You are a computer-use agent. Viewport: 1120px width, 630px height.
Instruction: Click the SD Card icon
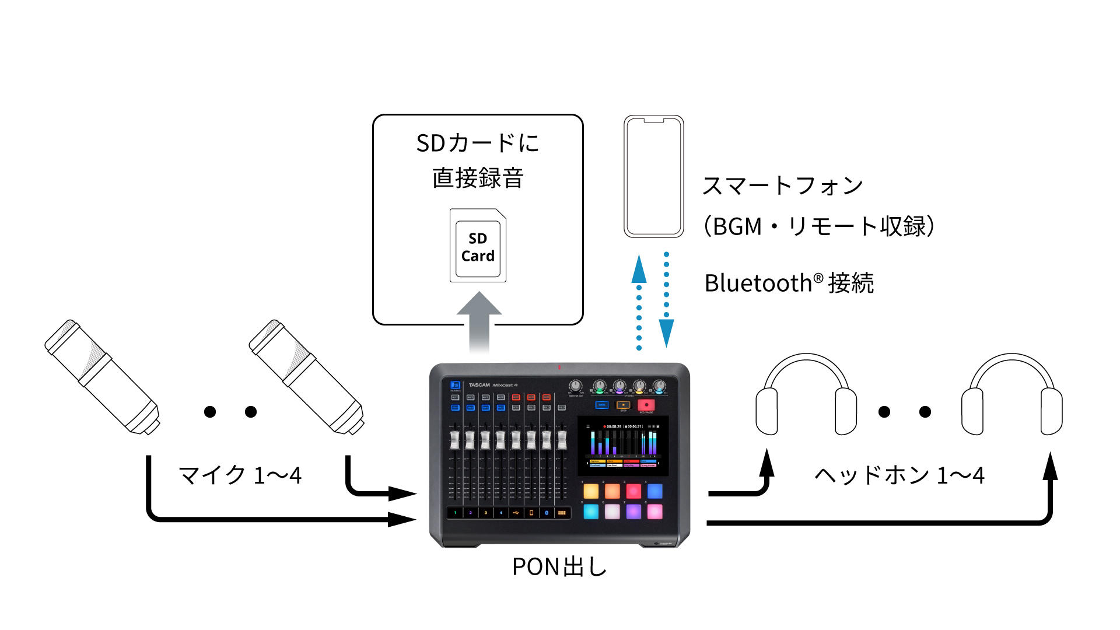(478, 246)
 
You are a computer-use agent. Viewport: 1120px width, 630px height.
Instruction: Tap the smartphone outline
(653, 176)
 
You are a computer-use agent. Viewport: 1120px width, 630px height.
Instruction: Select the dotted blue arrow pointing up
(639, 303)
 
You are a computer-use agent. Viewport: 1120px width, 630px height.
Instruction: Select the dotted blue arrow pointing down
(666, 300)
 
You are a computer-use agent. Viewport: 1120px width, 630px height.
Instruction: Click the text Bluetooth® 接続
(789, 283)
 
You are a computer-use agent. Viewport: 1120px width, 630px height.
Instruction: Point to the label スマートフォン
(782, 186)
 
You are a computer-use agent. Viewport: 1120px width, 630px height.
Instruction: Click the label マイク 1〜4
(240, 475)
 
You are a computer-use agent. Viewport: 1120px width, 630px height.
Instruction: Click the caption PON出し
(559, 566)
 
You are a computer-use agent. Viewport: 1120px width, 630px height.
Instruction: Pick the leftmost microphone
(102, 377)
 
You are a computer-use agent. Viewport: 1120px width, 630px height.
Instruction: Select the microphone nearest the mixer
(306, 377)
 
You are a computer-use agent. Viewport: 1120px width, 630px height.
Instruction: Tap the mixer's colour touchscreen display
(623, 446)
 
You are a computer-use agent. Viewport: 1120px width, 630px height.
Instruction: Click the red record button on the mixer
(646, 405)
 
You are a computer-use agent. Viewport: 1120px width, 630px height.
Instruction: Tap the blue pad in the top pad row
(654, 491)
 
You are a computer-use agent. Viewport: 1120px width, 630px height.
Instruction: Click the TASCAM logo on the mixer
(479, 385)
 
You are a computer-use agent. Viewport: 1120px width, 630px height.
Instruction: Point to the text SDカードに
(478, 143)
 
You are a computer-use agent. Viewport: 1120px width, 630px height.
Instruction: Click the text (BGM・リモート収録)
(819, 226)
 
